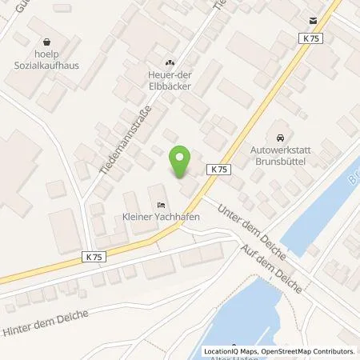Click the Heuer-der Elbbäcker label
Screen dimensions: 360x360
click(x=169, y=82)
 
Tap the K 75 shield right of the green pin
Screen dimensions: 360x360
click(x=221, y=170)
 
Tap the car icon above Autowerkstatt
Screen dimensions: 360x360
click(x=279, y=135)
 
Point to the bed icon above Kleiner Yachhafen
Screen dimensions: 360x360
click(x=161, y=204)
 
